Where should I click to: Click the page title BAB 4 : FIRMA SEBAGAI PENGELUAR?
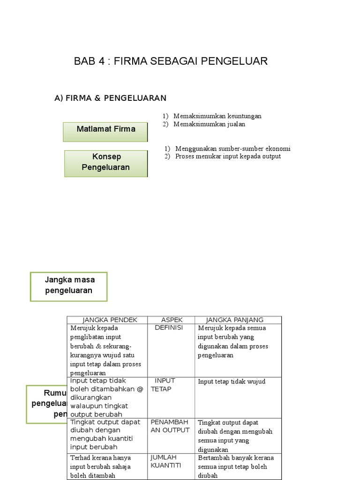coord(171,61)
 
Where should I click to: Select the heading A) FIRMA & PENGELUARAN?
coord(111,98)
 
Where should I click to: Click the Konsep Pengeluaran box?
coord(106,163)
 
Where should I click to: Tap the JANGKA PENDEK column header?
coord(110,320)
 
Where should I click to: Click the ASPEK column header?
coord(172,320)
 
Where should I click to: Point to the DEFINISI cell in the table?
coord(169,328)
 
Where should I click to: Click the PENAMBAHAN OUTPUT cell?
coord(170,426)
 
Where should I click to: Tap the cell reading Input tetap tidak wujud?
coord(232,382)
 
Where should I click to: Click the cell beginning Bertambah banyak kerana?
coord(236,466)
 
